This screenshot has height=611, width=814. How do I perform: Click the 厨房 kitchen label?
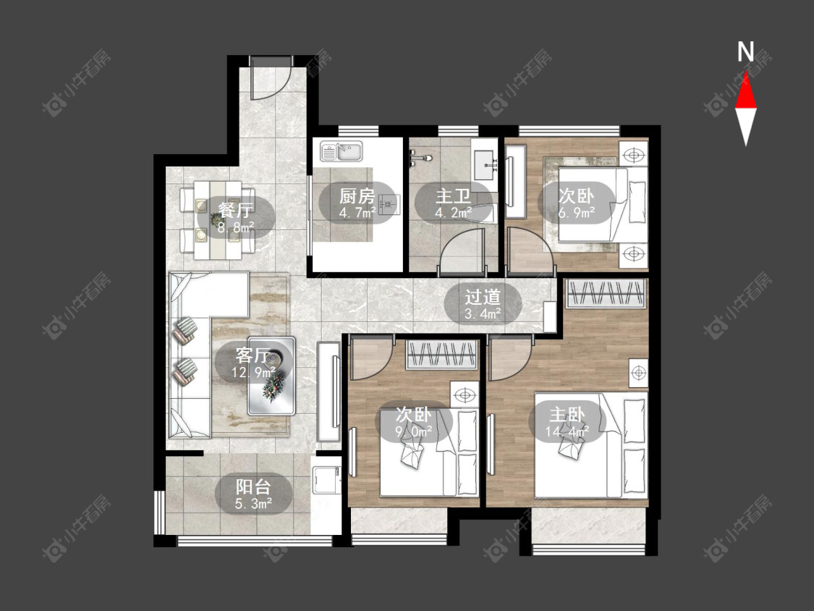coord(357,196)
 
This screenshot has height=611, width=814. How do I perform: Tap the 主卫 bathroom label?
coord(453,196)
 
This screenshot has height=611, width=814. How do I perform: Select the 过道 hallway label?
coord(483,298)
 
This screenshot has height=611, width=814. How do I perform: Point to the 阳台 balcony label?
coord(253,486)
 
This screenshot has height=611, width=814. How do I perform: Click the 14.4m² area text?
coord(567,431)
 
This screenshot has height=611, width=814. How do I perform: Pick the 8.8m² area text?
coord(236,227)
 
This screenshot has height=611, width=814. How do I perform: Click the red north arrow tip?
coord(746,72)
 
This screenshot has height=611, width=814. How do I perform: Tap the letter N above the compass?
coord(746,51)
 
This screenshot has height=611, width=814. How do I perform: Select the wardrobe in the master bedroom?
coord(606,293)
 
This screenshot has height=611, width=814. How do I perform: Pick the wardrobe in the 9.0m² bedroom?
coord(441,355)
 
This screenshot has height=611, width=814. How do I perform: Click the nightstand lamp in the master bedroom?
coord(638,373)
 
